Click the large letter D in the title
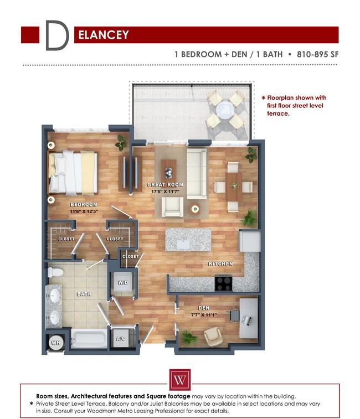(x=56, y=35)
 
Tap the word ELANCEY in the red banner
(x=104, y=35)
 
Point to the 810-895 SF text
(x=317, y=54)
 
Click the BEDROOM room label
(x=84, y=204)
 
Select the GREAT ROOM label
(x=165, y=184)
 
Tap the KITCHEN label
(x=220, y=264)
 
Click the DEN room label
(x=204, y=308)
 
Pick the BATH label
(x=84, y=294)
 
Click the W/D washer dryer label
(x=123, y=282)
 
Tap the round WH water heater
(x=56, y=342)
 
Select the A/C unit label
(x=121, y=339)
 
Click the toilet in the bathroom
(x=55, y=272)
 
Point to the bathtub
(x=89, y=339)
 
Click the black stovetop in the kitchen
(x=223, y=283)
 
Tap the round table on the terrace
(x=225, y=110)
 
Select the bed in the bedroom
(x=72, y=172)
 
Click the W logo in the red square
(x=180, y=380)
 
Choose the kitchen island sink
(x=184, y=244)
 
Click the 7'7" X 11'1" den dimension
(x=204, y=315)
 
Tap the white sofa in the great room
(x=197, y=174)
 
